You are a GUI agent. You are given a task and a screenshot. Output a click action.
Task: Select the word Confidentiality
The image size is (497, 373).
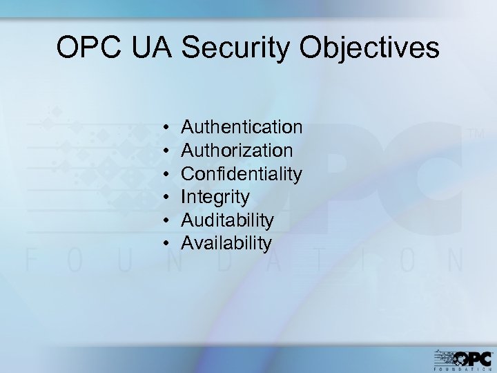click(241, 173)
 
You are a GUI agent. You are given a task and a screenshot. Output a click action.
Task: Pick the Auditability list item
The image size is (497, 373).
click(227, 220)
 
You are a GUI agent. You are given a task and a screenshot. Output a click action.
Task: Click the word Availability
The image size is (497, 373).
click(226, 243)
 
